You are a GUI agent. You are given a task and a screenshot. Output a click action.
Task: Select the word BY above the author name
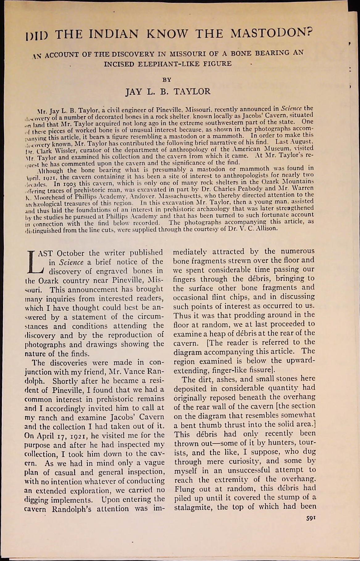(167, 80)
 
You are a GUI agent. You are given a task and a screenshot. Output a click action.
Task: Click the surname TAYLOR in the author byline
(192, 92)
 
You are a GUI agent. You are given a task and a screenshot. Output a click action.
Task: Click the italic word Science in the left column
(71, 262)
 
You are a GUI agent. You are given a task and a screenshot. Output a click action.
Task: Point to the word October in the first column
(71, 253)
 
